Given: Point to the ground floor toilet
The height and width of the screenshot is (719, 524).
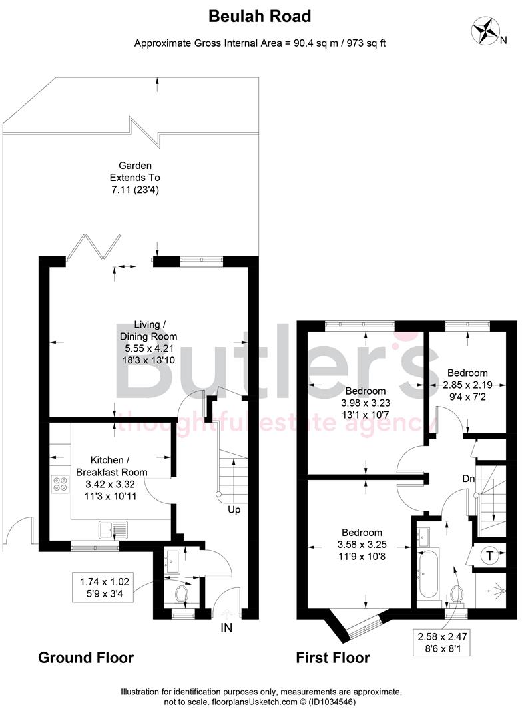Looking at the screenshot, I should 180,592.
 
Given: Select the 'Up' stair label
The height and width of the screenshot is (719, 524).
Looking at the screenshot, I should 234,510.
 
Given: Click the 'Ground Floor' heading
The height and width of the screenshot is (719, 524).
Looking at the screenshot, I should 86,658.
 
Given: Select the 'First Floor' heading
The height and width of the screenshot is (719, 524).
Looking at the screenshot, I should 333,658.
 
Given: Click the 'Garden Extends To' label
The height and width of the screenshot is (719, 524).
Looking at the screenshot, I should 135,172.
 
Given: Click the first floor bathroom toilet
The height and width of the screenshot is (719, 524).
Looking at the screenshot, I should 457,593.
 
